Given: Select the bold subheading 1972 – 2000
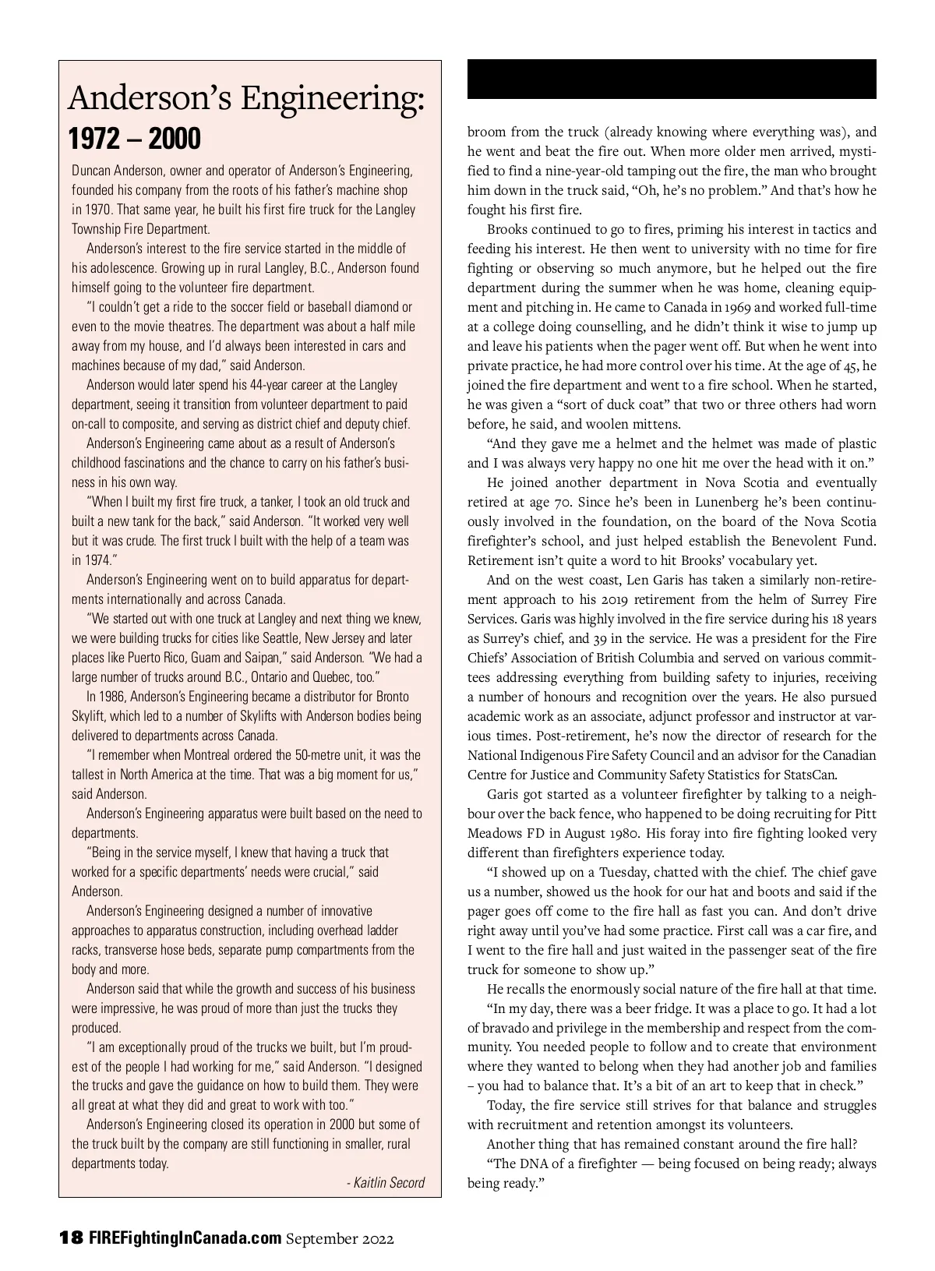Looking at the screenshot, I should [x=135, y=139].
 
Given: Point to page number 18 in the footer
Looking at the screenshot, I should [x=71, y=1238].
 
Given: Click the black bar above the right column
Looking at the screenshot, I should [x=672, y=79].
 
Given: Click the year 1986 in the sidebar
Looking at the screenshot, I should [x=112, y=697].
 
